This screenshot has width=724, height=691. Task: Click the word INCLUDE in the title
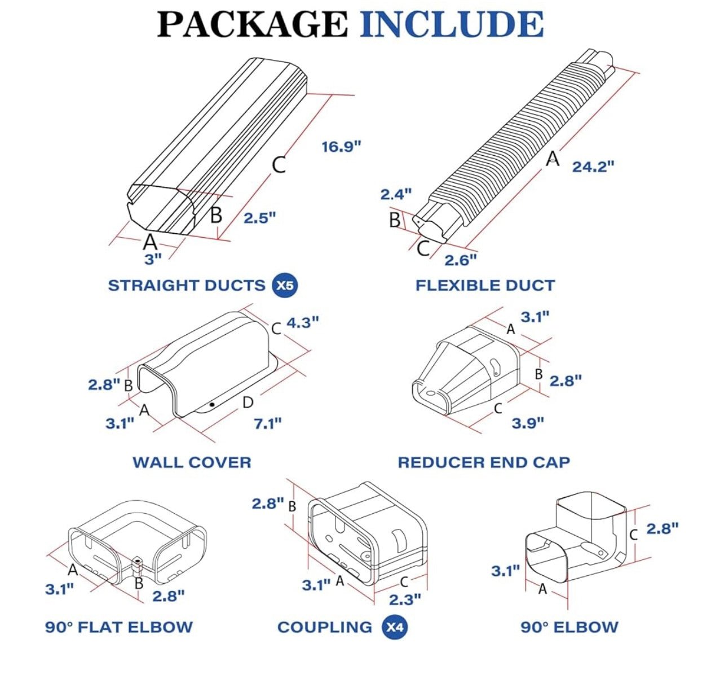click(451, 24)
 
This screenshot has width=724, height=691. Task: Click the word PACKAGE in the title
click(253, 24)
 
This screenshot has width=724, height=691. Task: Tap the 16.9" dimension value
click(341, 147)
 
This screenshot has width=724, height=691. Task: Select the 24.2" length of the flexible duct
click(593, 167)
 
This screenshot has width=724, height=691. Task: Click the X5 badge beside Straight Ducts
click(285, 285)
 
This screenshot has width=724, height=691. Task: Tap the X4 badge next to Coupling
click(395, 627)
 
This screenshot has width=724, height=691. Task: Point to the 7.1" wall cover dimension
click(267, 423)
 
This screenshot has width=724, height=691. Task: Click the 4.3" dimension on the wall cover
click(303, 322)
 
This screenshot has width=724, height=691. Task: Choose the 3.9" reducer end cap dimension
click(528, 423)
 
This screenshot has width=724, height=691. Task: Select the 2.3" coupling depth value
click(405, 599)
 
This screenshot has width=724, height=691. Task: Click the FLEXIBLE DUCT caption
click(485, 285)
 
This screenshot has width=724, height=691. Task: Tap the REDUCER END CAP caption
click(484, 462)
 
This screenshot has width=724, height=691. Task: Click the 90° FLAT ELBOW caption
click(118, 627)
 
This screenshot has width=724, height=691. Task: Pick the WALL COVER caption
click(192, 462)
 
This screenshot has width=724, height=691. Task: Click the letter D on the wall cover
click(248, 403)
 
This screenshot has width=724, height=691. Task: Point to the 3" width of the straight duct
click(153, 259)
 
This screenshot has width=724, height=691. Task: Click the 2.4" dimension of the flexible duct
click(396, 194)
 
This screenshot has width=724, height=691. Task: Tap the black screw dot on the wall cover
click(212, 404)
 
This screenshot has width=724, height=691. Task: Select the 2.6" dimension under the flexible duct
click(460, 260)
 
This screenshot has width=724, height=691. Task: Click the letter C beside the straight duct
click(279, 165)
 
